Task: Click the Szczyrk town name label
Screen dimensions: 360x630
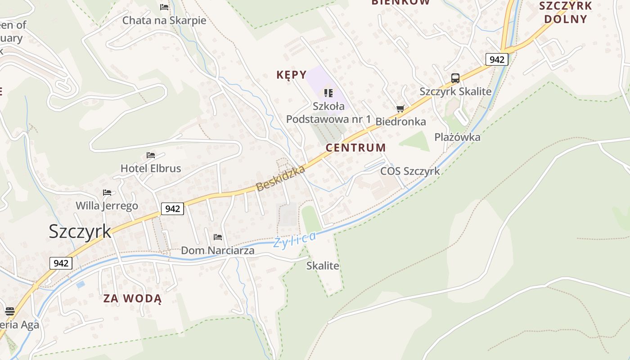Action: click(x=80, y=231)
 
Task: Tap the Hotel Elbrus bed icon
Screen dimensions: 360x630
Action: click(x=151, y=155)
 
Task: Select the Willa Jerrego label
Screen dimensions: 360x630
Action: click(x=107, y=206)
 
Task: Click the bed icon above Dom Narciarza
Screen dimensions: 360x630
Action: click(x=218, y=237)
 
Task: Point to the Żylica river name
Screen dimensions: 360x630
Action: click(x=295, y=239)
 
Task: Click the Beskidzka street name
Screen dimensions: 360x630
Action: click(x=281, y=178)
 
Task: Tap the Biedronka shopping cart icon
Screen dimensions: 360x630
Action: click(x=400, y=108)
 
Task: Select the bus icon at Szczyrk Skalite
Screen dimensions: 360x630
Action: click(x=455, y=78)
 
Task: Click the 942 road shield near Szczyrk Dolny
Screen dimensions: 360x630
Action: click(x=497, y=59)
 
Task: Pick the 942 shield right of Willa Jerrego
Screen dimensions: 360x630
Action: click(x=172, y=208)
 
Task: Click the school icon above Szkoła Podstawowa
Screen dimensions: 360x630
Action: click(x=328, y=93)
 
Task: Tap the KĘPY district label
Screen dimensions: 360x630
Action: click(x=291, y=75)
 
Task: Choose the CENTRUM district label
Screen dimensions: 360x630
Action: click(x=355, y=148)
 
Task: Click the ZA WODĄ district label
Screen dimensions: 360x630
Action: click(x=132, y=298)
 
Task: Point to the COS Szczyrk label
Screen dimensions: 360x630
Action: click(x=410, y=171)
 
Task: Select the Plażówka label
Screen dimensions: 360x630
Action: click(x=457, y=137)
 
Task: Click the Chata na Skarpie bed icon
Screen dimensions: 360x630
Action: click(x=164, y=7)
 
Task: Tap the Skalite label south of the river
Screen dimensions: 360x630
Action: click(x=323, y=265)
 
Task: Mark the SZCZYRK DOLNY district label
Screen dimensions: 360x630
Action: click(x=566, y=13)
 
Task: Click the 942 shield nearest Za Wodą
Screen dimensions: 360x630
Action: click(x=61, y=263)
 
